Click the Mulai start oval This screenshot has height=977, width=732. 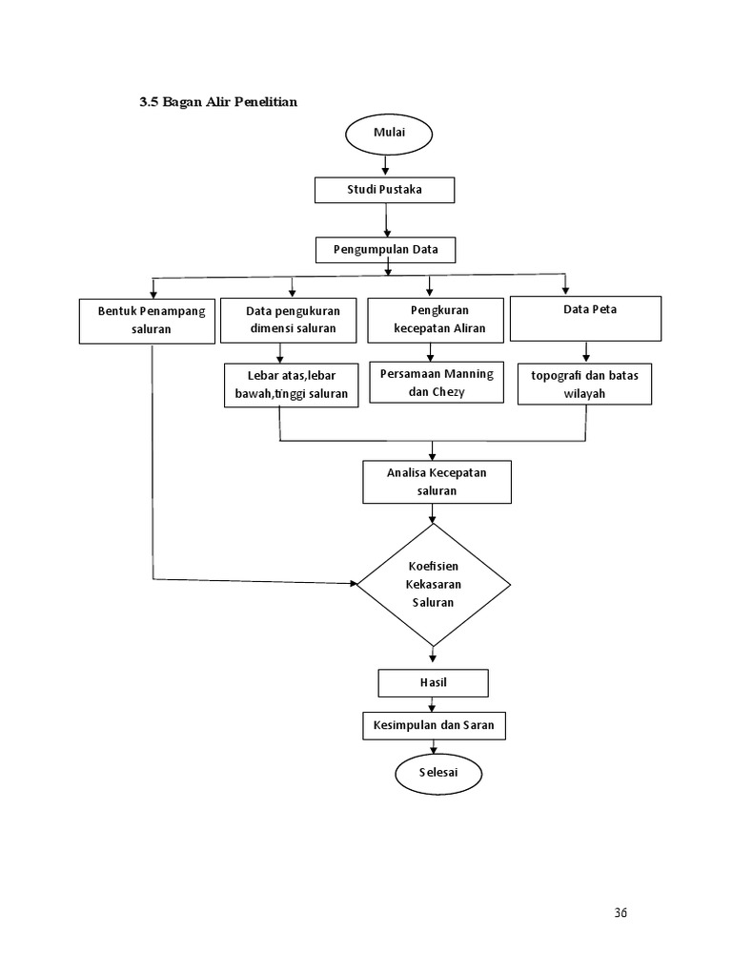coord(387,134)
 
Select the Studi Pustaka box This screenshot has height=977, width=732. coord(384,191)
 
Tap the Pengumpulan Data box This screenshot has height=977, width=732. coord(385,250)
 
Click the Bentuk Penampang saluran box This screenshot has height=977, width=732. coord(151,321)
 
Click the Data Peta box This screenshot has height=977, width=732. coord(584,319)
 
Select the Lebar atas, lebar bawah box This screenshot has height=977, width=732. coord(292,385)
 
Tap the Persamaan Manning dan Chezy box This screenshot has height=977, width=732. coord(437,383)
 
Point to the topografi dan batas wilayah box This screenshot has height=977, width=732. coord(584,385)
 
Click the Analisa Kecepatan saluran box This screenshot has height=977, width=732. coord(437,482)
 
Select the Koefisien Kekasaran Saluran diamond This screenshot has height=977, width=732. coord(433,585)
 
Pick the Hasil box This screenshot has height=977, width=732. coord(433,683)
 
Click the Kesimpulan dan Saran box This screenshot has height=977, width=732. coord(433,726)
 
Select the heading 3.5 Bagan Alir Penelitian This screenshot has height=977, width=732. coord(218,102)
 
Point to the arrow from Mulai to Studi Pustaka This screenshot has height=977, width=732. coord(386,166)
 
